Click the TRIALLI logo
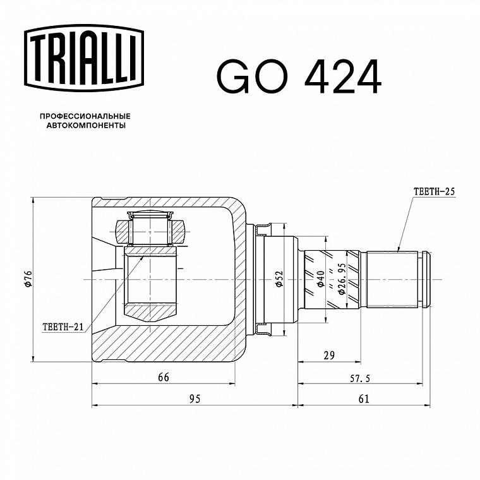84,58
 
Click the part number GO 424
299,76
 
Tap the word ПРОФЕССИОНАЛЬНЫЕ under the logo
85,116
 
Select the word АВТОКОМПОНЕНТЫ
86,126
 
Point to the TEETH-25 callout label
434,191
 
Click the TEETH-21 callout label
63,327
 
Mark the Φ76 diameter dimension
28,279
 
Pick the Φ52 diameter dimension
280,279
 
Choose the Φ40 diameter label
321,279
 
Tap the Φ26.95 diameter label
342,279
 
